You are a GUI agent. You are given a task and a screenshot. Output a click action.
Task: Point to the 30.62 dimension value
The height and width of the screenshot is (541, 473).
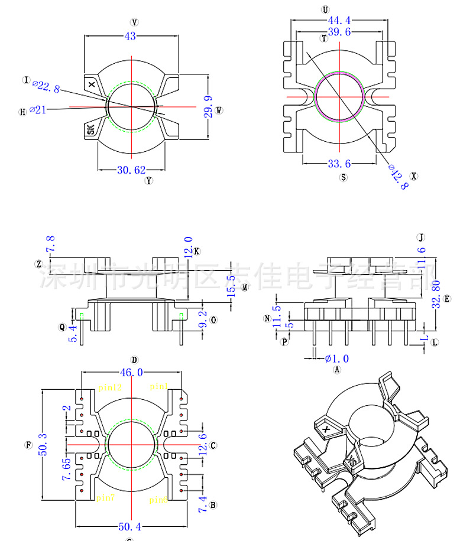[x=131, y=170]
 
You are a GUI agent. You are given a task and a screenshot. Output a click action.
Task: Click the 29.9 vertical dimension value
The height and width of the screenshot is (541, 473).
[x=208, y=107]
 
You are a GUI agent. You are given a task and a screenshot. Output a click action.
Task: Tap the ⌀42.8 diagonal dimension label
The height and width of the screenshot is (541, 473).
[x=398, y=176]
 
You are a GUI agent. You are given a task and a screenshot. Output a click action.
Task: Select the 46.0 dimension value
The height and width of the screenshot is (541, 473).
[x=131, y=372]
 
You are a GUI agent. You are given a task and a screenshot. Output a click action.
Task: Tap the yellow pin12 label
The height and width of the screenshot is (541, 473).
[x=109, y=387]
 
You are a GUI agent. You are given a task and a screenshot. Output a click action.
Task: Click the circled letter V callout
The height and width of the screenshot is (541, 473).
[x=135, y=22]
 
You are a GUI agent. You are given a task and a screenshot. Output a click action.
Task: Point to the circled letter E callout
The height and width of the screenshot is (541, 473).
[x=448, y=299]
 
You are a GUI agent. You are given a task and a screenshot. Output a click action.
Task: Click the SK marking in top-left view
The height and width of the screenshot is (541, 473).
[x=91, y=129]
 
